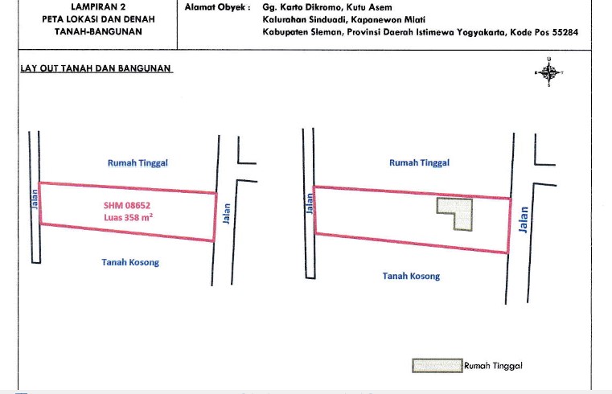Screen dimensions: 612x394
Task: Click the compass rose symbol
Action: [x=548, y=72]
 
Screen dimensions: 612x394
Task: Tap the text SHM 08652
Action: [x=127, y=205]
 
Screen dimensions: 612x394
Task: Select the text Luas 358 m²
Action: [x=128, y=217]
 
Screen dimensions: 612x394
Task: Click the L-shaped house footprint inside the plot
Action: [x=461, y=210]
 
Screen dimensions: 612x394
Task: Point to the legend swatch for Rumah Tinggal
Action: [x=437, y=366]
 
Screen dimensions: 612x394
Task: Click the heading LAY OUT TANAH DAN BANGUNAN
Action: [x=96, y=68]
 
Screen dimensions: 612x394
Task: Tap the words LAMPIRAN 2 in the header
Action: [x=98, y=6]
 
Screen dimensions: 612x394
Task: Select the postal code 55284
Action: [x=565, y=32]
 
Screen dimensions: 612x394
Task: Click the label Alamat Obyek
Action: [x=217, y=7]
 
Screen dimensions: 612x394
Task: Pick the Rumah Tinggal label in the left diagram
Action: [x=138, y=162]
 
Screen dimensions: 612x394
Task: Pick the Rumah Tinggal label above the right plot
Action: [x=419, y=162]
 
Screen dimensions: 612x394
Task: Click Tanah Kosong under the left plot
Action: [x=130, y=262]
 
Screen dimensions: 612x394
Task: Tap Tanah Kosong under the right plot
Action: [x=411, y=276]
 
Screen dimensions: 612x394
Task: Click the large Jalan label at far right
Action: [x=524, y=220]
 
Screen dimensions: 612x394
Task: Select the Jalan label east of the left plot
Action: [x=226, y=213]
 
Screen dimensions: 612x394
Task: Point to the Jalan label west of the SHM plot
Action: [x=35, y=199]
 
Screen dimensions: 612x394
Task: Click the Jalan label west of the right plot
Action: [x=310, y=203]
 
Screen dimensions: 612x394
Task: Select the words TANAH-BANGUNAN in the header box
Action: [x=98, y=31]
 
